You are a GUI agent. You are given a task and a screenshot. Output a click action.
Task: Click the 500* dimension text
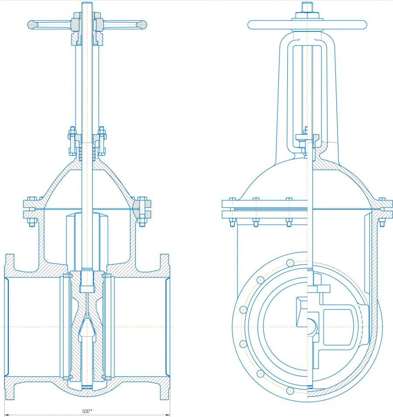click(x=87, y=411)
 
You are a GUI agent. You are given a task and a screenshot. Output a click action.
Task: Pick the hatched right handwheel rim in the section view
click(x=141, y=25)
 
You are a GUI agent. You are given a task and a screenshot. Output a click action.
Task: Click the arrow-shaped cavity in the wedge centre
click(x=87, y=329)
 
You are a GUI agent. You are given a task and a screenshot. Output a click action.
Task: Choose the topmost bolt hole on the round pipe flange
click(x=290, y=263)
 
